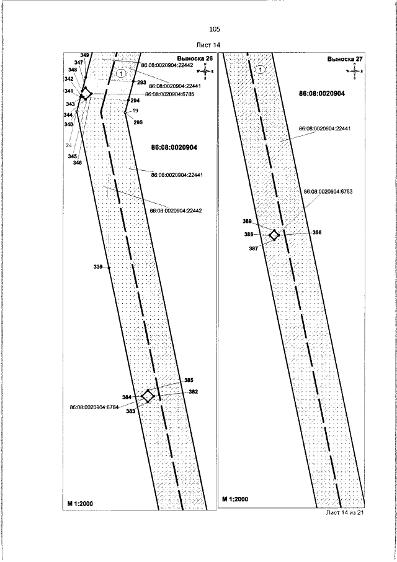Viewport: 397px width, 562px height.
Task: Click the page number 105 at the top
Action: (215, 29)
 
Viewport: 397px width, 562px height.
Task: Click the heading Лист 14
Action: (208, 45)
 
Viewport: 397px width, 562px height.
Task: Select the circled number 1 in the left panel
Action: (122, 73)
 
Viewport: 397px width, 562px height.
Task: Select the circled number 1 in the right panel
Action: (261, 70)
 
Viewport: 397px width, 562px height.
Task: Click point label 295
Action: (138, 122)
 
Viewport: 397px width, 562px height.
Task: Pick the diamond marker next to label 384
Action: (148, 396)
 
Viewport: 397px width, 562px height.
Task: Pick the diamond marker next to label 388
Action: (274, 235)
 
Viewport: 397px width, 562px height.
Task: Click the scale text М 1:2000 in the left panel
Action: (80, 499)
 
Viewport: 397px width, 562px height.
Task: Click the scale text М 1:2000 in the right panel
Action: (235, 499)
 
